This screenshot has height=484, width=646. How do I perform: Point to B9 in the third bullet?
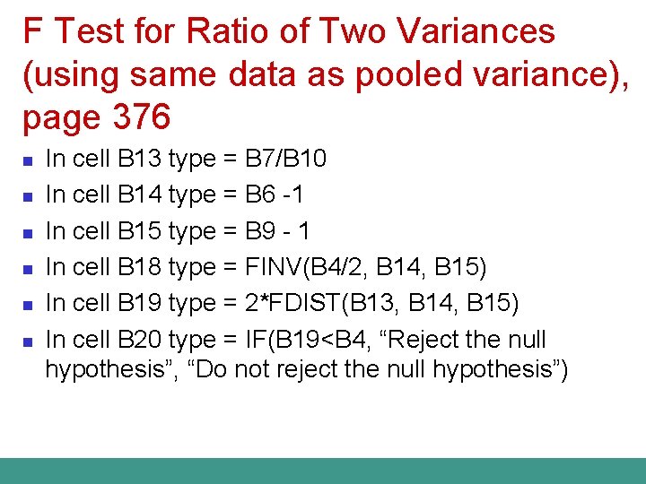[x=261, y=231]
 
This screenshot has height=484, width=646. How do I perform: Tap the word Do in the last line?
[x=208, y=368]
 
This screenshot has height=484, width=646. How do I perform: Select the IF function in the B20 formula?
[x=253, y=340]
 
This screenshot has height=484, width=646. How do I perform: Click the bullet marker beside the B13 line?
[x=28, y=161]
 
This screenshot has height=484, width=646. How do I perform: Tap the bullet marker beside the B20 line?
[x=28, y=341]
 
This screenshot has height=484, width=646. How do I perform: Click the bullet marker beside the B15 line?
[x=28, y=233]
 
